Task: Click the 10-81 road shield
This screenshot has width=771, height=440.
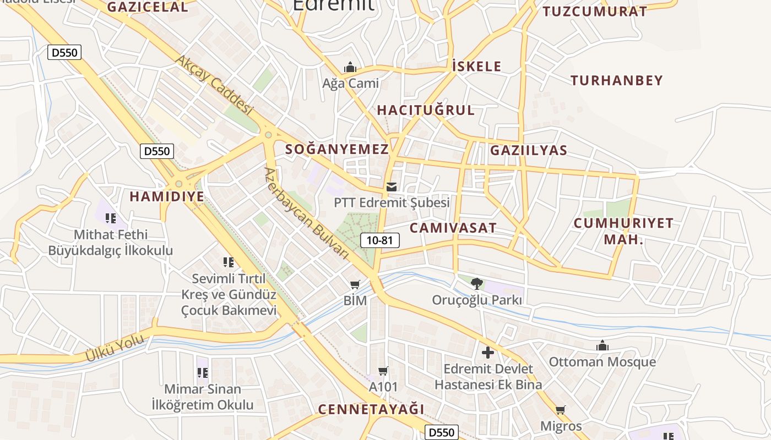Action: tap(380, 240)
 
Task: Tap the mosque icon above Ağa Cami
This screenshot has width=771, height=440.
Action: tap(350, 68)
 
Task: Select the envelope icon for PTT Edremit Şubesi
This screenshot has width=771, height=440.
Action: tap(392, 187)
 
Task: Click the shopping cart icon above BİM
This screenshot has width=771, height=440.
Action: tap(355, 284)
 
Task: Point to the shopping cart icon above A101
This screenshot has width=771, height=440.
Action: tap(383, 371)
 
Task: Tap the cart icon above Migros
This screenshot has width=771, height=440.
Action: tap(561, 410)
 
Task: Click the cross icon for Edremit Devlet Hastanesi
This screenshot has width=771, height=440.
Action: tap(488, 353)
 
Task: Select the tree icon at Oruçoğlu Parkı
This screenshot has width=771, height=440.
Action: tap(477, 284)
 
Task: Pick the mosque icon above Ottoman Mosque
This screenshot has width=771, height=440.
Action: tap(602, 345)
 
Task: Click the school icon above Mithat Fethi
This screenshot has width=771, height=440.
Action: tap(111, 218)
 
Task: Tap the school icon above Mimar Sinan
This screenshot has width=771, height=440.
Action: tap(202, 372)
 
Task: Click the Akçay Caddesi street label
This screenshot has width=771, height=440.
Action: tap(214, 85)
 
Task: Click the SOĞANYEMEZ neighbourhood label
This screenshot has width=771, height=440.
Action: tap(337, 149)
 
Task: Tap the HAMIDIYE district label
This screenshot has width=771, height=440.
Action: tap(166, 196)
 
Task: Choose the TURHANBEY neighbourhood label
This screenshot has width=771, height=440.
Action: tap(616, 80)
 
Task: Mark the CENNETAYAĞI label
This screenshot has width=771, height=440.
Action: tap(371, 409)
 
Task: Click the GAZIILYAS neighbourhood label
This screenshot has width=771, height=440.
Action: tap(528, 150)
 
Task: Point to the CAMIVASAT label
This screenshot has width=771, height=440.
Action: tap(453, 228)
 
